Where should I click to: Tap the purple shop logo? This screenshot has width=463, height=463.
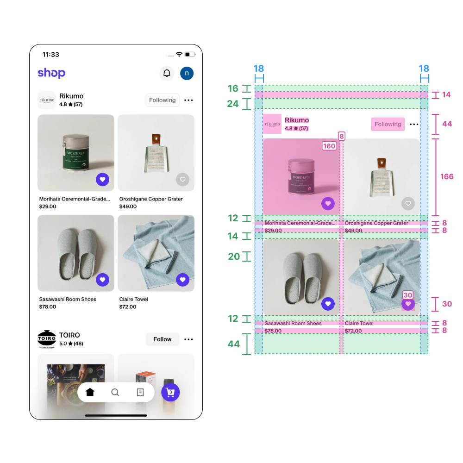coord(51,73)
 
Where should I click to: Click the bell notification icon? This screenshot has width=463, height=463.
coord(167,73)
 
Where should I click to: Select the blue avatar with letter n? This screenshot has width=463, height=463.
coord(187,73)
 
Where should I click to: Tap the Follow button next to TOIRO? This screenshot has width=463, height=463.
coord(162,339)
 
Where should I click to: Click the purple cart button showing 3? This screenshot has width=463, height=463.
coord(170,392)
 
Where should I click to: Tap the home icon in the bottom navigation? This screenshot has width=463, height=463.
coord(90,392)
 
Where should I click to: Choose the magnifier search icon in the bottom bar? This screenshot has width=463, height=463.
coord(115,392)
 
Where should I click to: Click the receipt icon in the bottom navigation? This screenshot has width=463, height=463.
coord(140,392)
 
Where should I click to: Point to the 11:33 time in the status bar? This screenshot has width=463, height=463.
coord(51,54)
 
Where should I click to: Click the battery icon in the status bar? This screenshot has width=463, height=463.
coord(190,54)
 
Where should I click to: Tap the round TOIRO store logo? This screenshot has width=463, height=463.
coord(46,339)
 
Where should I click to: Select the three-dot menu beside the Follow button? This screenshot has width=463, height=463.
coord(188,339)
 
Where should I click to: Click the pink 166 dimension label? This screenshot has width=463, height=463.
coord(447,177)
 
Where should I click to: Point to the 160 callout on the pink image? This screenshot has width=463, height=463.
coord(329,146)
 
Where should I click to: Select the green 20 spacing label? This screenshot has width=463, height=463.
coord(234,257)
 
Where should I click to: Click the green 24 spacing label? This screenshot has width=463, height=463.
coord(233,104)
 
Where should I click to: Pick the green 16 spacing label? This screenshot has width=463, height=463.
coord(233,88)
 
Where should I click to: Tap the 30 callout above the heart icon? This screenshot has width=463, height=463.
coord(408,295)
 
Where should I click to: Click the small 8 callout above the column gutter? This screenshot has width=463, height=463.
coord(342,136)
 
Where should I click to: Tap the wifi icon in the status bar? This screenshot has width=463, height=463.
coord(179,54)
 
